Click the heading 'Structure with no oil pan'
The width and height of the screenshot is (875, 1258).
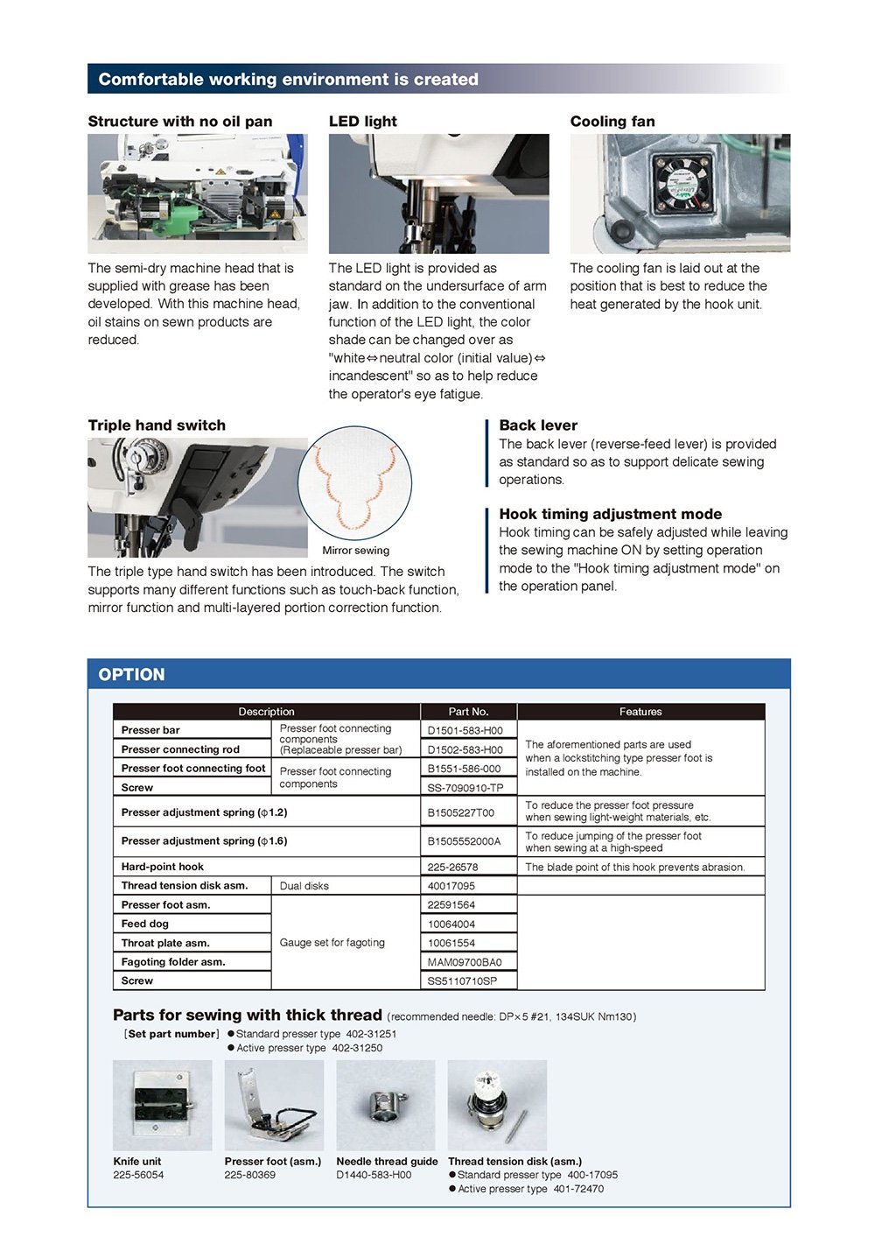[x=179, y=122]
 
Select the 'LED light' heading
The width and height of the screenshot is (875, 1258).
[x=362, y=122]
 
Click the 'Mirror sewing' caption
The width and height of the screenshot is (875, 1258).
[x=355, y=551]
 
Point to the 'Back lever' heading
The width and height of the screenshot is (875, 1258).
[x=538, y=425]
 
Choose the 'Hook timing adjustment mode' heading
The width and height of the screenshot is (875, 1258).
[x=610, y=514]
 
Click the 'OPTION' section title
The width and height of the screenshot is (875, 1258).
[x=131, y=675]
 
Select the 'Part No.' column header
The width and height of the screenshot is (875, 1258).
[x=468, y=712]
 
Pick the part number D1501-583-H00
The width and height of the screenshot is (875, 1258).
[x=465, y=730]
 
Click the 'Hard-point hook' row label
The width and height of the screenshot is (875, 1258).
[x=163, y=867]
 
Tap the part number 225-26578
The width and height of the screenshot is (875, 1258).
[x=452, y=868]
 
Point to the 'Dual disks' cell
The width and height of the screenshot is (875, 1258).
[x=304, y=886]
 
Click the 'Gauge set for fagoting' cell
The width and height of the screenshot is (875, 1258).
[x=332, y=943]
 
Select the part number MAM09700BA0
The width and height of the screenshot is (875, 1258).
[x=464, y=962]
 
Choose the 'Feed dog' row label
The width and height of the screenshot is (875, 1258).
[x=145, y=924]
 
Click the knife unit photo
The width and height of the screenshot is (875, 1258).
[x=163, y=1105]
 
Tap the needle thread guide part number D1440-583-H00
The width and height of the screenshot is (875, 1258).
[x=374, y=1175]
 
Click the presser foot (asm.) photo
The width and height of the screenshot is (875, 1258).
[x=274, y=1105]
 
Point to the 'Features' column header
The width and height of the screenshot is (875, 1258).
[x=640, y=712]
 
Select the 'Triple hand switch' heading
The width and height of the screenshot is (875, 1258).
[x=157, y=425]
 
